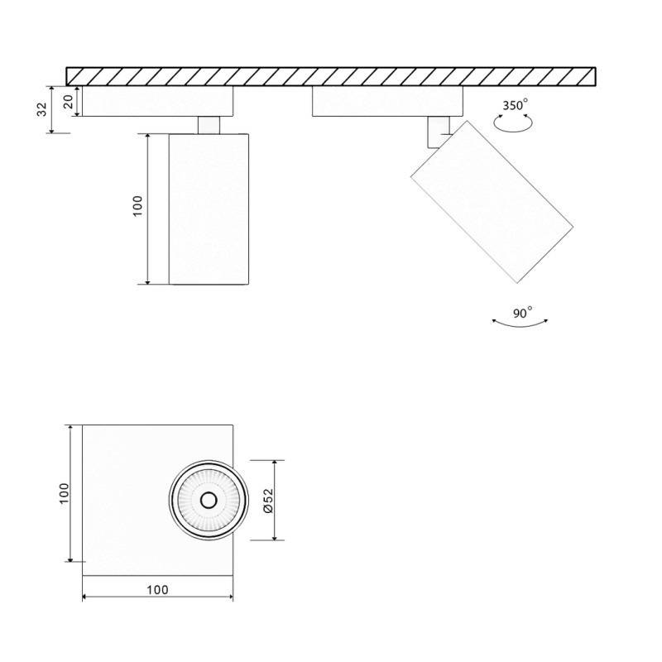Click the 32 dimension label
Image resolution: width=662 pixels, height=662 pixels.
pyautogui.click(x=41, y=110)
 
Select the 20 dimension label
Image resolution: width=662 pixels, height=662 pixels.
pyautogui.click(x=69, y=102)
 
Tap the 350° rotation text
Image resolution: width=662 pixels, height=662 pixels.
pyautogui.click(x=514, y=105)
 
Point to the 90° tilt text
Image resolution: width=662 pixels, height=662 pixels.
pyautogui.click(x=522, y=313)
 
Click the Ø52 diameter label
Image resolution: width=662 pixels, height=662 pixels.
pyautogui.click(x=267, y=501)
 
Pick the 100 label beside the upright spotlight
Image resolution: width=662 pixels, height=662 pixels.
pyautogui.click(x=137, y=205)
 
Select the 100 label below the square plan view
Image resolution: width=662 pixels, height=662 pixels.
pyautogui.click(x=157, y=589)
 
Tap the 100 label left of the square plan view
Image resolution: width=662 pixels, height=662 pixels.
pyautogui.click(x=64, y=493)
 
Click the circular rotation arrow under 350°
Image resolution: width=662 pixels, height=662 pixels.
pyautogui.click(x=512, y=122)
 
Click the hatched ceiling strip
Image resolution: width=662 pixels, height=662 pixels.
pyautogui.click(x=331, y=76)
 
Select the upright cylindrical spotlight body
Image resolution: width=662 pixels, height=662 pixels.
pyautogui.click(x=209, y=208)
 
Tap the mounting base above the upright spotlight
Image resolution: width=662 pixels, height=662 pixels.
pyautogui.click(x=157, y=101)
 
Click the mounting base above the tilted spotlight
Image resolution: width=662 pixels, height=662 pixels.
pyautogui.click(x=386, y=101)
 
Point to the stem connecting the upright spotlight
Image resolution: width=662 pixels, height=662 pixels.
pyautogui.click(x=209, y=124)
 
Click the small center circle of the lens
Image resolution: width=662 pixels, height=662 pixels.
pyautogui.click(x=208, y=500)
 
